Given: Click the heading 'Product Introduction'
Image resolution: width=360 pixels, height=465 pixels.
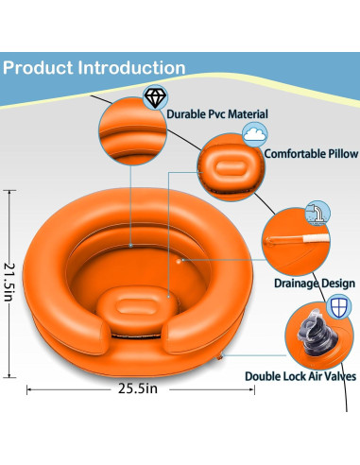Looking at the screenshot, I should coord(94,68).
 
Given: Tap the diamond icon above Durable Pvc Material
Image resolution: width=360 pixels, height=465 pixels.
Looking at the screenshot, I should coord(153,96).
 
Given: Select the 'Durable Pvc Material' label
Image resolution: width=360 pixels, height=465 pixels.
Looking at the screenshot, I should coord(216,114).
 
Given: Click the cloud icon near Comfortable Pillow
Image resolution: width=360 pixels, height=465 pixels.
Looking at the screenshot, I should coord(253,133).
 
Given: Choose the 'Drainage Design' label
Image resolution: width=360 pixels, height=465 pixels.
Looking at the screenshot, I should coord(314,283).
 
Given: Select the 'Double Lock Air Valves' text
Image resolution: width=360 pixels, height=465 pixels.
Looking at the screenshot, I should coord(300,374).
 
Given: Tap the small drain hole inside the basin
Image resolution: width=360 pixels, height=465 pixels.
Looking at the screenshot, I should coord(179,258).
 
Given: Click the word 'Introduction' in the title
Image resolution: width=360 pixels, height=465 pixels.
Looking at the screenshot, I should coord(132,68).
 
